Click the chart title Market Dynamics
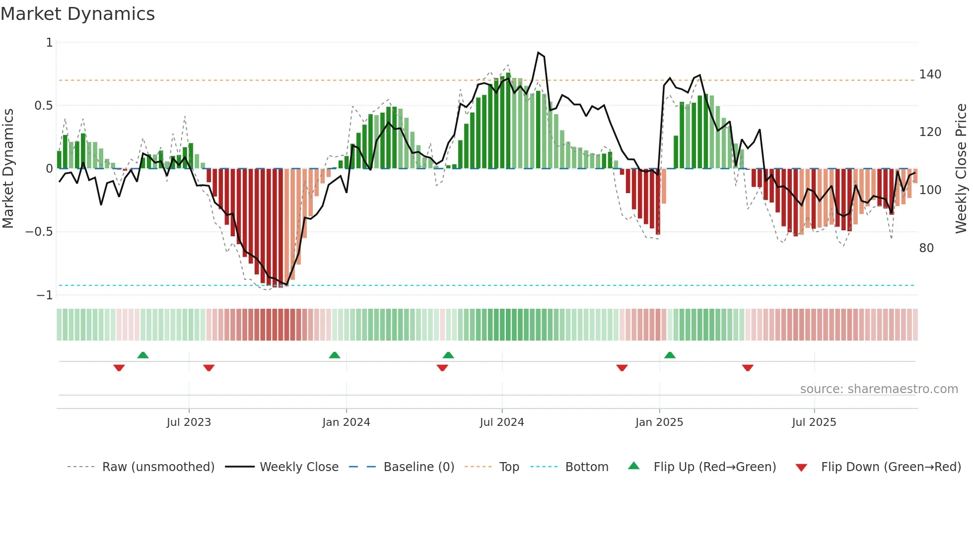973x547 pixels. point(78,14)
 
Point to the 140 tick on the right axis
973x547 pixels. point(930,74)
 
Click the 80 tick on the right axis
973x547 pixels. point(926,248)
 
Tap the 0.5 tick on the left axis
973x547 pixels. point(43,106)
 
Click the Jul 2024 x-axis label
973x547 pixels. point(501,422)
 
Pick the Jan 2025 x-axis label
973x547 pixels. point(659,422)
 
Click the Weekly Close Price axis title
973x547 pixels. point(961,169)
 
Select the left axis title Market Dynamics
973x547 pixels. point(8,169)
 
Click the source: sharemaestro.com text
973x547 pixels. point(879,389)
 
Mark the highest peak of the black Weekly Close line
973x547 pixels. point(538,53)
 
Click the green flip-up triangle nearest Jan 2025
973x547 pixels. point(670,355)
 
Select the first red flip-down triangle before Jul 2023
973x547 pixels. point(119,368)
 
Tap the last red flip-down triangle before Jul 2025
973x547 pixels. point(748,368)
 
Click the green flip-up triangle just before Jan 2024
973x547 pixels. point(335,355)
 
